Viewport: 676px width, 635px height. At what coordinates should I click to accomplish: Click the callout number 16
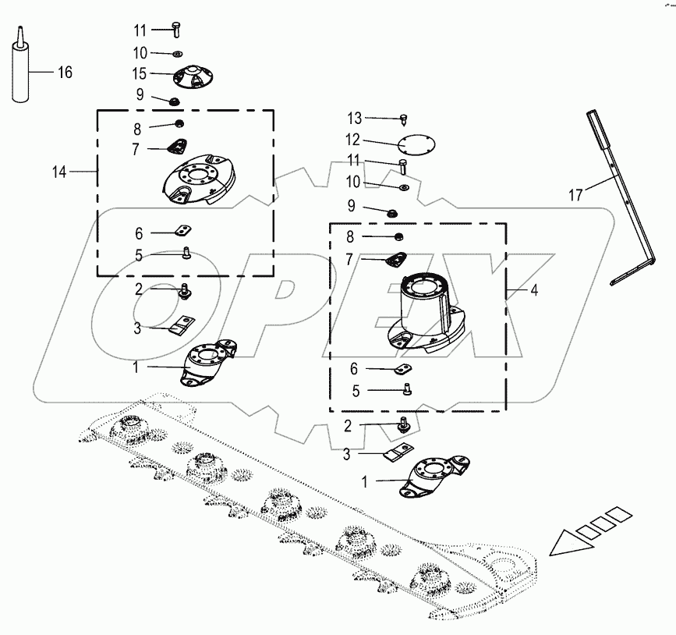click(x=65, y=73)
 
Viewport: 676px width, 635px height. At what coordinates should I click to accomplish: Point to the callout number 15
click(x=140, y=74)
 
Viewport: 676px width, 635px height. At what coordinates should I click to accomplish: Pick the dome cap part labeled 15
click(x=182, y=77)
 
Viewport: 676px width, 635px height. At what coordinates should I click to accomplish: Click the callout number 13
click(x=355, y=118)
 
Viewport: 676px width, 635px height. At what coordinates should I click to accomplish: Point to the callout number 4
click(x=534, y=289)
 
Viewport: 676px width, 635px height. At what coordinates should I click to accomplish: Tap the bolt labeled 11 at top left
click(x=176, y=30)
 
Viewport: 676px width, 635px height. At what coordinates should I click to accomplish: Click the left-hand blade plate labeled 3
click(x=183, y=325)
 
